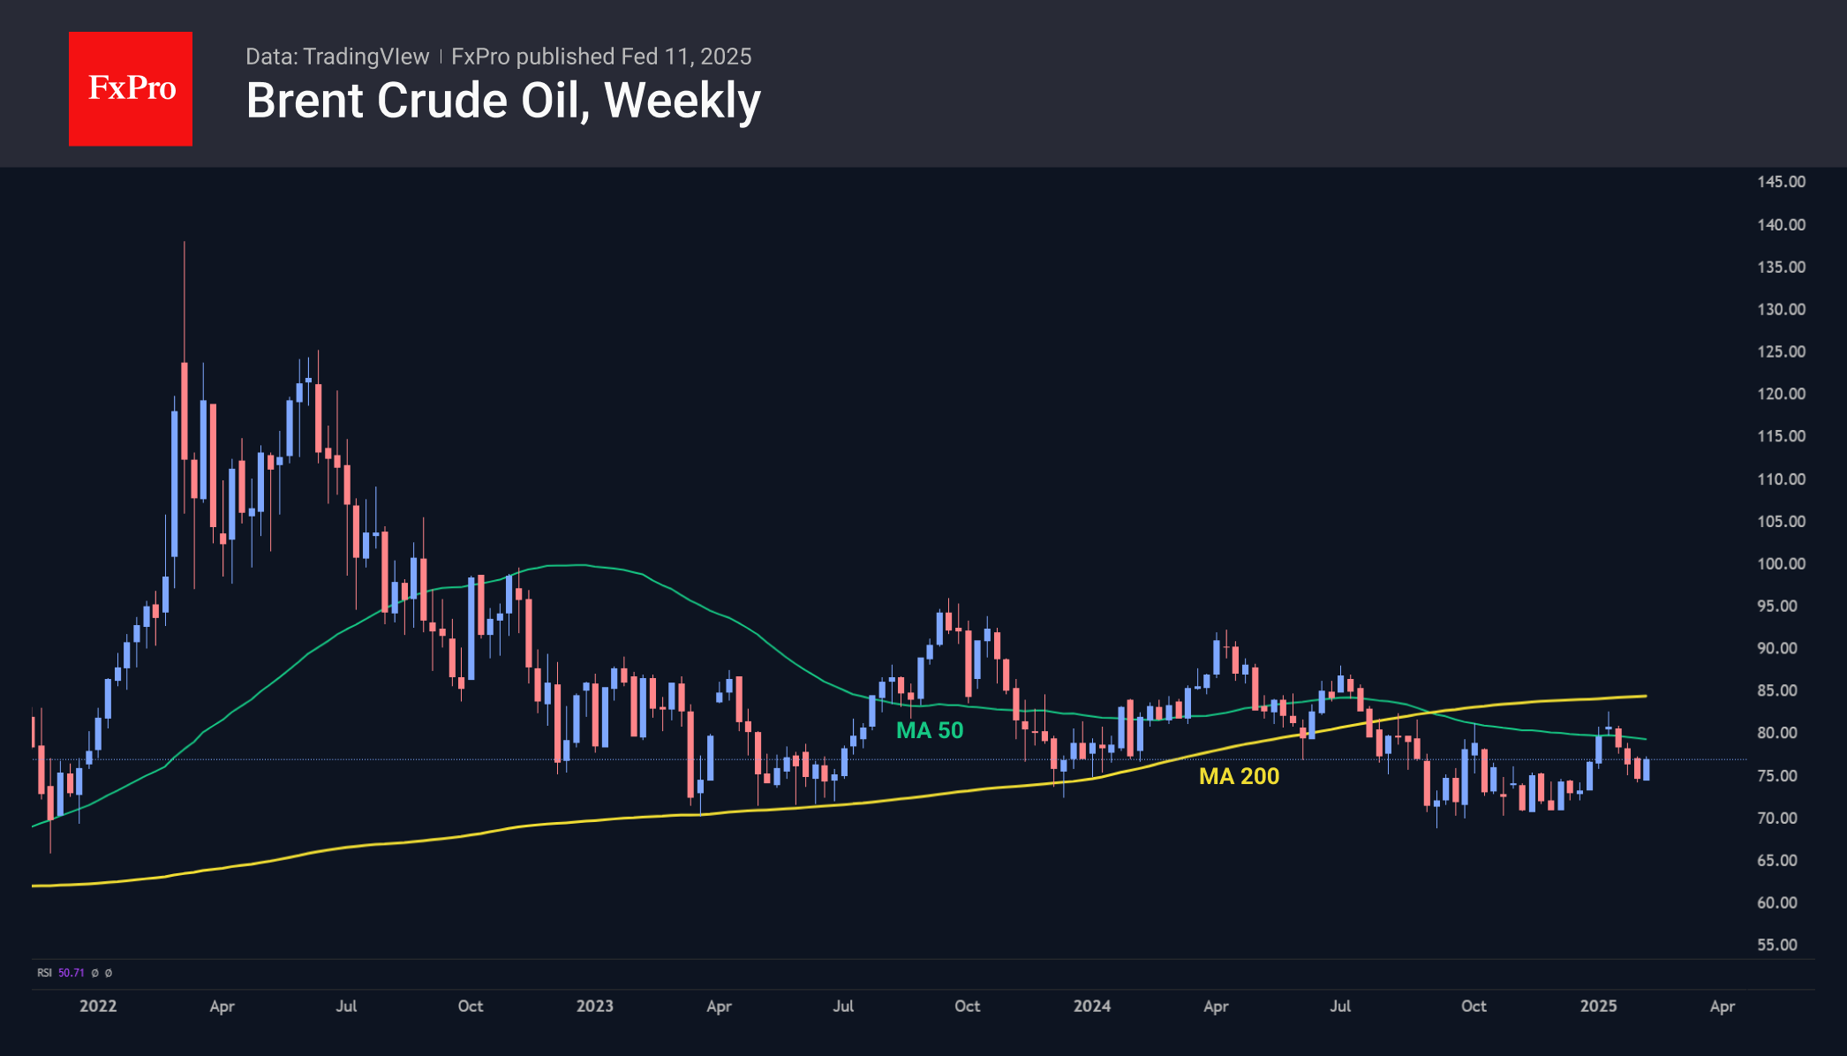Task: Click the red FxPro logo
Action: click(x=131, y=88)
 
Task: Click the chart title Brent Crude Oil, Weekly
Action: click(x=503, y=101)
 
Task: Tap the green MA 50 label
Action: click(x=930, y=730)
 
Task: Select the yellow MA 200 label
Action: click(x=1239, y=776)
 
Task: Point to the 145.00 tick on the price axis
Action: click(x=1781, y=182)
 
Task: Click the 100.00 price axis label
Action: click(x=1781, y=563)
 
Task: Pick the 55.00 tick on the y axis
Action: click(x=1776, y=945)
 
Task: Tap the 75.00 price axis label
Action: click(x=1776, y=775)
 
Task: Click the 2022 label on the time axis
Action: click(x=98, y=1006)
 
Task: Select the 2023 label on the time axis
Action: click(x=594, y=1006)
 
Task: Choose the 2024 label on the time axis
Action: click(x=1092, y=1006)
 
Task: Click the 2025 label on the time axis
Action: click(x=1598, y=1006)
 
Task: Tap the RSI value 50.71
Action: click(x=72, y=973)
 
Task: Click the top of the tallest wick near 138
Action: click(x=185, y=243)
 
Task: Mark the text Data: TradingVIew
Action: click(x=337, y=57)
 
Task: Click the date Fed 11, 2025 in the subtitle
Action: click(x=686, y=57)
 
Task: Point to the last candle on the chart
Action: click(x=1646, y=769)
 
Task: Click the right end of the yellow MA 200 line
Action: click(x=1645, y=696)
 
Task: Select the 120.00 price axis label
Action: click(x=1781, y=394)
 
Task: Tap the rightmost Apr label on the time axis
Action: click(x=1722, y=1006)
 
